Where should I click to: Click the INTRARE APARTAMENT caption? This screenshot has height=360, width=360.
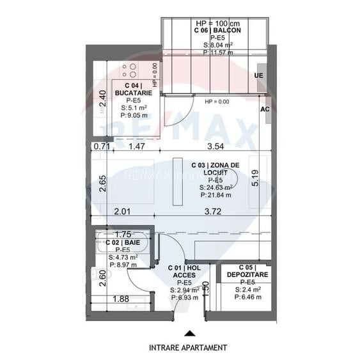pos(187,348)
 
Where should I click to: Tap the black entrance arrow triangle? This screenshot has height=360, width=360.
pos(188,333)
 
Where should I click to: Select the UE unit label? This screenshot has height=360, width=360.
pos(258,75)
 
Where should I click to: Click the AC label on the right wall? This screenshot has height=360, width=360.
pos(264,109)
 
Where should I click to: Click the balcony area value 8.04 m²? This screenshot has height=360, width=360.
pos(218,45)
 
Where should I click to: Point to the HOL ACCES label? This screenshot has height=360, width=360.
pos(185,272)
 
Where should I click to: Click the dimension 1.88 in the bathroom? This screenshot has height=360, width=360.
pos(122,298)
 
